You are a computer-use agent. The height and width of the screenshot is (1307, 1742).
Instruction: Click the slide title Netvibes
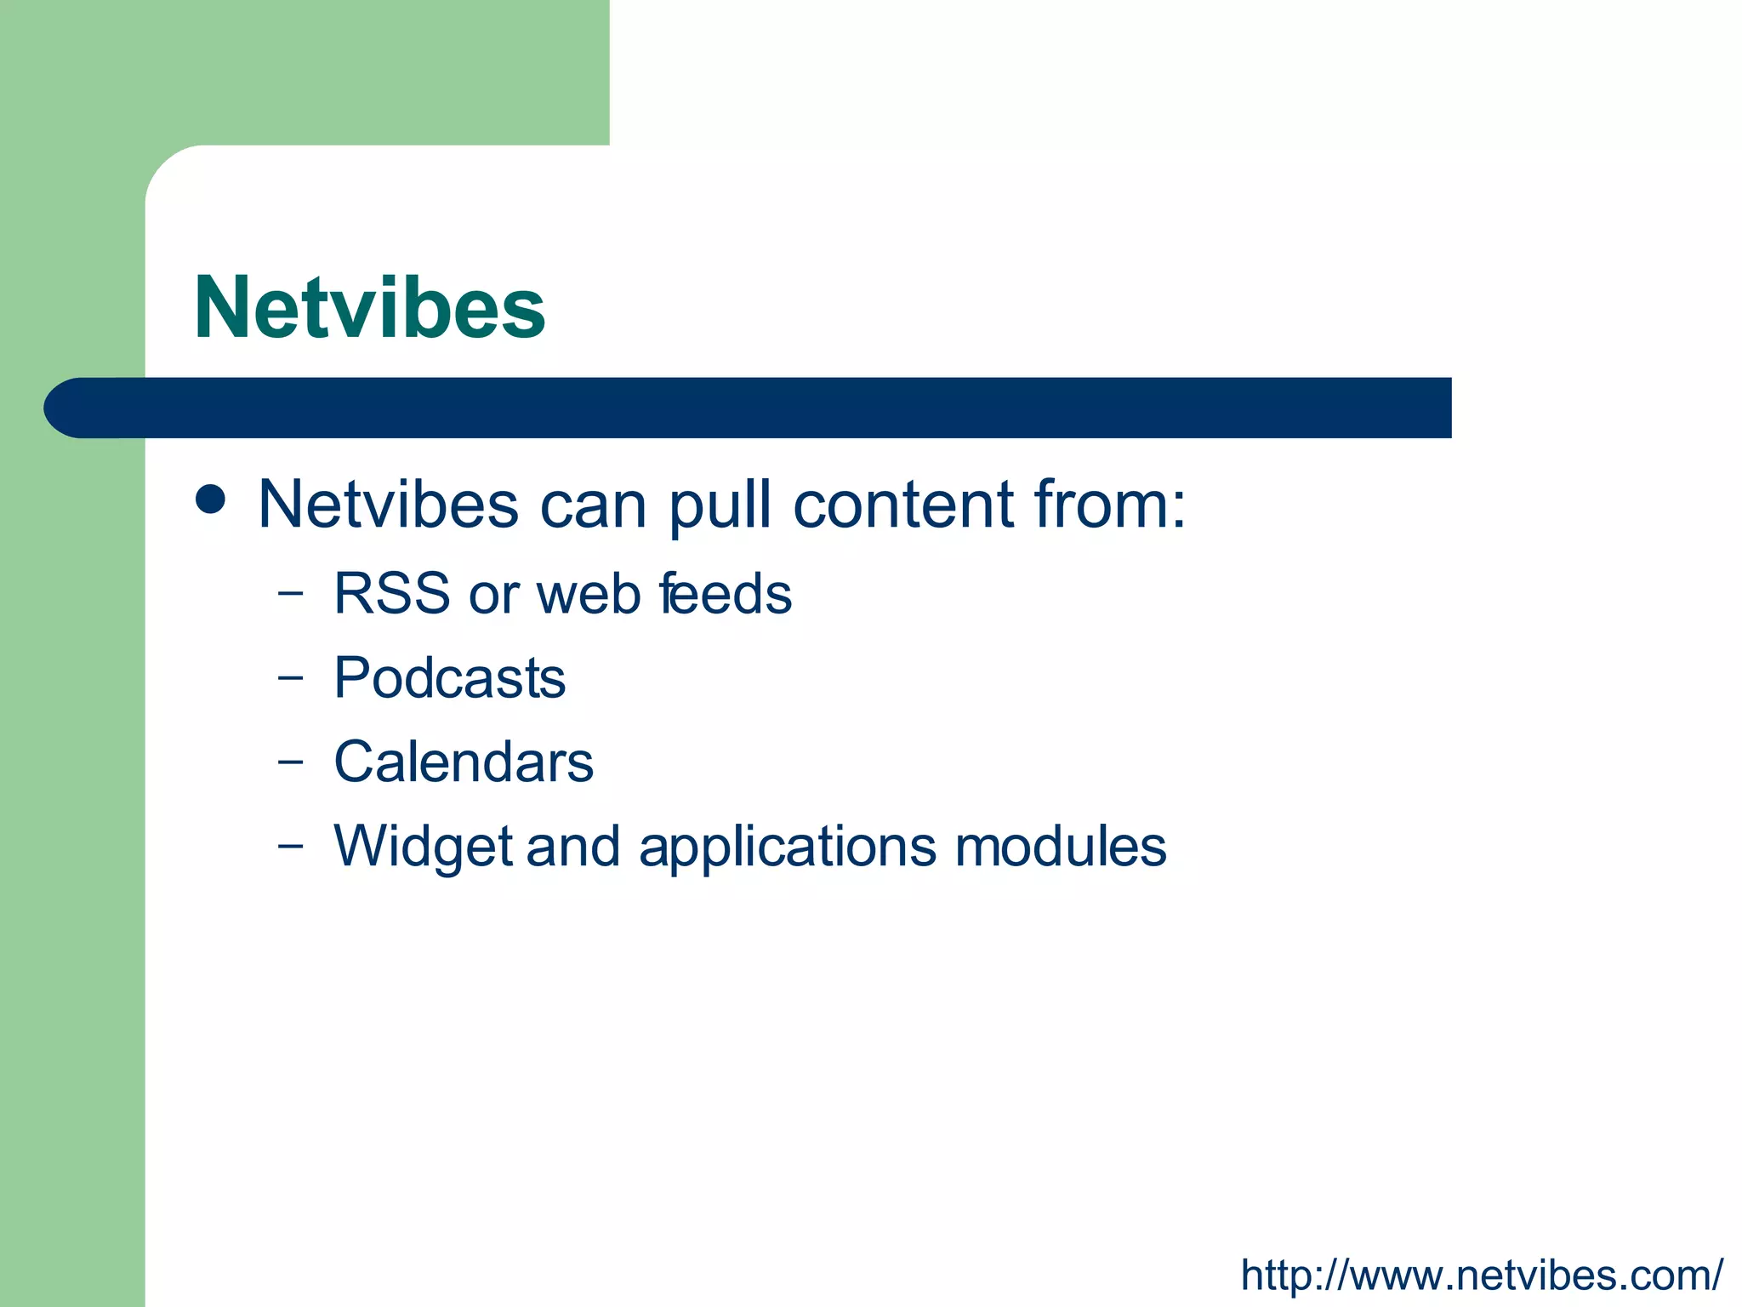pyautogui.click(x=369, y=308)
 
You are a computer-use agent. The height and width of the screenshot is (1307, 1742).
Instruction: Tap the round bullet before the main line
pyautogui.click(x=210, y=499)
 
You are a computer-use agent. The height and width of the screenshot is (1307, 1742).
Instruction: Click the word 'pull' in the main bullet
pyautogui.click(x=720, y=506)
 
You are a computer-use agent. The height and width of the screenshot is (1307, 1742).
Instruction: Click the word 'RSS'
pyautogui.click(x=391, y=593)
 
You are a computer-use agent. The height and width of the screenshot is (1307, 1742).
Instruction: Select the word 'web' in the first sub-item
pyautogui.click(x=589, y=593)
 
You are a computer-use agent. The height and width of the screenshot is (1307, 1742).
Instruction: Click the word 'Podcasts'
pyautogui.click(x=449, y=678)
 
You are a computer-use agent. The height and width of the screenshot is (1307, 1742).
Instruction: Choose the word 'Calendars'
pyautogui.click(x=464, y=762)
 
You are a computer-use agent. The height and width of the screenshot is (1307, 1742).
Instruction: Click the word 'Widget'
pyautogui.click(x=423, y=848)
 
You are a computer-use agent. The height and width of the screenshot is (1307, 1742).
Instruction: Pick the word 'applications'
pyautogui.click(x=788, y=848)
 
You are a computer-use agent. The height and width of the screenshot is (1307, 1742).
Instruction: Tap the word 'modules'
pyautogui.click(x=1060, y=847)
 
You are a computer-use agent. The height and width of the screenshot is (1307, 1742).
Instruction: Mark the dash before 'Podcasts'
pyautogui.click(x=290, y=679)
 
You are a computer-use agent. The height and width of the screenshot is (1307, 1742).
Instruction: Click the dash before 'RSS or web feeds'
pyautogui.click(x=290, y=594)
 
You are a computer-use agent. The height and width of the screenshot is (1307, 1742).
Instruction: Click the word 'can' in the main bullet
pyautogui.click(x=593, y=506)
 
